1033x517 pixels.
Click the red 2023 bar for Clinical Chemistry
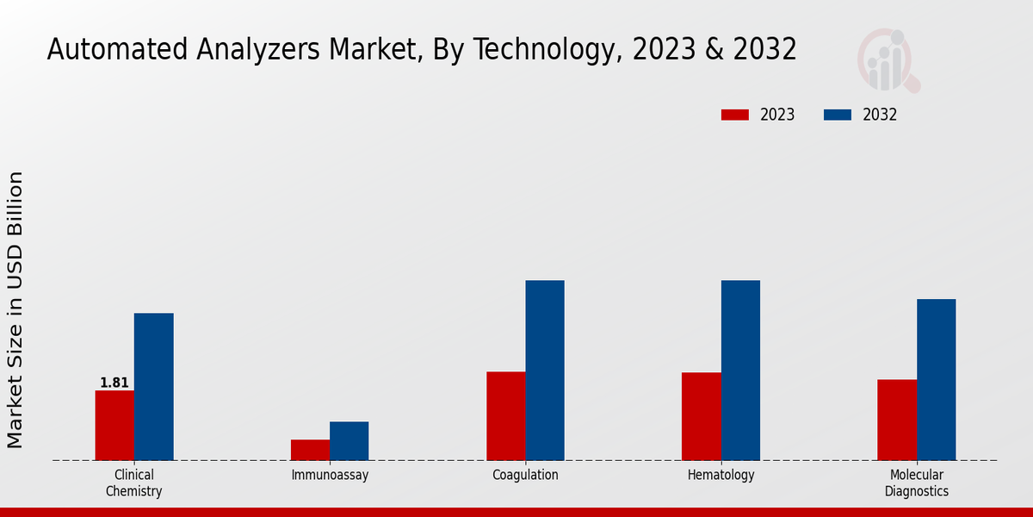point(114,425)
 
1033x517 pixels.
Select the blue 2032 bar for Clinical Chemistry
point(153,386)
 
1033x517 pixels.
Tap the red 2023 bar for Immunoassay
point(310,450)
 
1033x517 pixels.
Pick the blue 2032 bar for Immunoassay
point(349,440)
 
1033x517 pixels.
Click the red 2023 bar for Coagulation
point(505,415)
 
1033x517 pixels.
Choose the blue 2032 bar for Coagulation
point(545,370)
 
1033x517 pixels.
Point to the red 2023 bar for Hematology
point(701,416)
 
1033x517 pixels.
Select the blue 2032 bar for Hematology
point(740,370)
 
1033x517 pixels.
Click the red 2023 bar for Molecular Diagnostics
point(897,420)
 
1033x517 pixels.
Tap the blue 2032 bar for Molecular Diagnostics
point(936,379)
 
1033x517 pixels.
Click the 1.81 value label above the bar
point(114,383)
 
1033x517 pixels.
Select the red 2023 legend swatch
point(735,115)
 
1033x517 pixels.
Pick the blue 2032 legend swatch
point(838,115)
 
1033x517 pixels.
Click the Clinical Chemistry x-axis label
point(134,483)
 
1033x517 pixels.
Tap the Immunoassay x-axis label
point(330,475)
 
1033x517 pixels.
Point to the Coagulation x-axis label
point(525,475)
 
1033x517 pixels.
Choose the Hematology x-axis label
point(721,475)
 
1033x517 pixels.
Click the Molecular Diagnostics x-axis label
point(917,483)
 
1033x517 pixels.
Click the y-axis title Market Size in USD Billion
point(15,310)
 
